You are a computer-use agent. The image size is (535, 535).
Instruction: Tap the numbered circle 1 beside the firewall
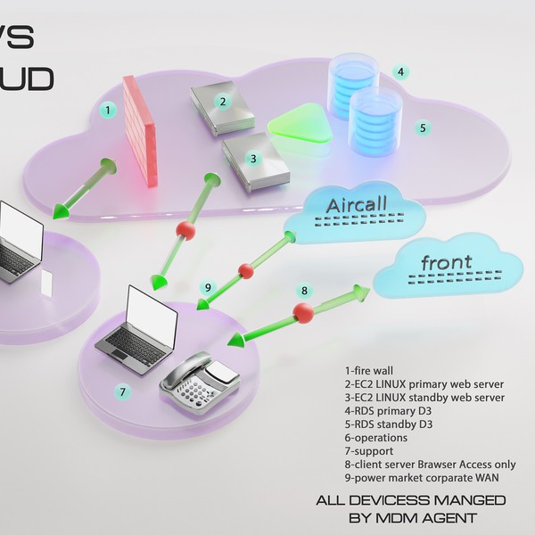(107, 111)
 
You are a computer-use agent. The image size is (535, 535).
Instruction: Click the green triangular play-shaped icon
(300, 124)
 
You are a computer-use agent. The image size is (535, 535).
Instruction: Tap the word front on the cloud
(448, 264)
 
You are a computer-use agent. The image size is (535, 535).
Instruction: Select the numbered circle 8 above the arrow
(304, 291)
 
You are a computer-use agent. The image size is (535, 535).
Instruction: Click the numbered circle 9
(208, 287)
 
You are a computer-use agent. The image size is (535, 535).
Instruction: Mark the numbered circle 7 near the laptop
(123, 391)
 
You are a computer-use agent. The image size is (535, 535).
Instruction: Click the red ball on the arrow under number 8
(304, 314)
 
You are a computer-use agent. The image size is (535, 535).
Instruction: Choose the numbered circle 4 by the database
(401, 71)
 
